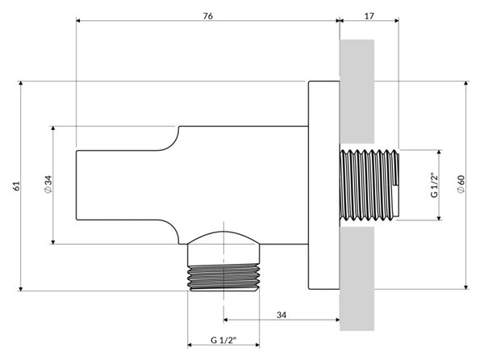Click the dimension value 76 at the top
208,16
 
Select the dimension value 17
369,16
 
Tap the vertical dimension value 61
16,186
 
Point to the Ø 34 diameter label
48,184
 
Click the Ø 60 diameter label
461,184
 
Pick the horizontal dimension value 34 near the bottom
282,315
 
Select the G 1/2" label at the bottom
223,340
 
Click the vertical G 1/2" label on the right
434,186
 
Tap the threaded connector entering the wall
369,186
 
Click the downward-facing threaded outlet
223,278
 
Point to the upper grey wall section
357,91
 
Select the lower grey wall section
357,278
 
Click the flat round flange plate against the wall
324,186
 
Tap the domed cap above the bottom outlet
223,237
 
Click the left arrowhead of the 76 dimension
78,21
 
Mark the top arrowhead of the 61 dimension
21,83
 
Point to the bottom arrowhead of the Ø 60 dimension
466,287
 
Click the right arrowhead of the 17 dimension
397,21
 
